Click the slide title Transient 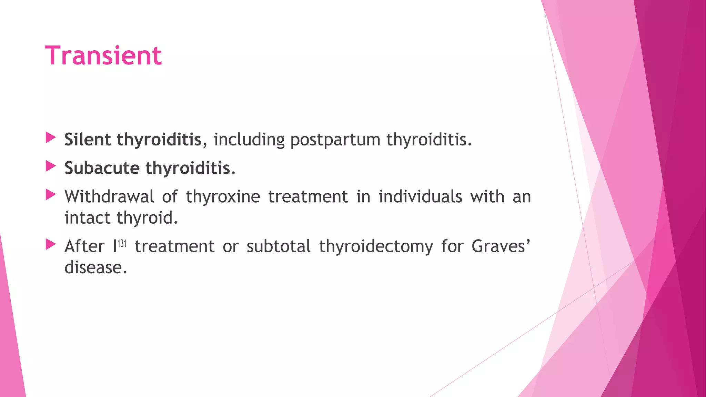[x=103, y=55]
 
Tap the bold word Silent [x=88, y=140]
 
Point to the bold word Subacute [x=102, y=168]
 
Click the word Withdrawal [x=109, y=197]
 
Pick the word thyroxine [x=223, y=197]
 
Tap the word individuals [x=420, y=197]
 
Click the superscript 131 [x=122, y=244]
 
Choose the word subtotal [x=279, y=246]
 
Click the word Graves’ [x=501, y=246]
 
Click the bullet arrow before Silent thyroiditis [x=51, y=138]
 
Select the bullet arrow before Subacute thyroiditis [x=51, y=167]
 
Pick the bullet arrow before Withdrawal [x=51, y=195]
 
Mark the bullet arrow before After [x=51, y=245]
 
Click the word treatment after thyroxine [x=308, y=197]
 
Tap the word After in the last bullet [x=84, y=246]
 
